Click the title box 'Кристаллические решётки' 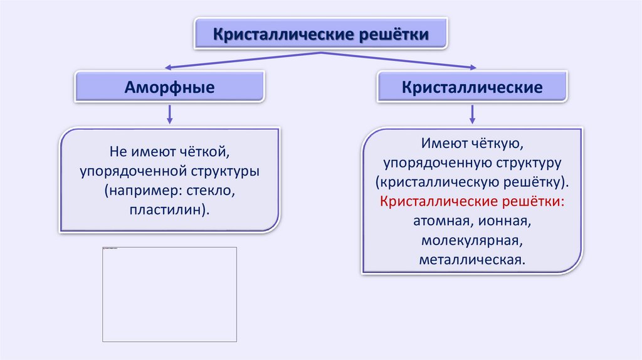tap(321, 33)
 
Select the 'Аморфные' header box tap(169, 87)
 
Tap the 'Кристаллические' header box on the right tap(472, 87)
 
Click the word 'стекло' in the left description tap(216, 190)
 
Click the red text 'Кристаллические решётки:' tap(472, 201)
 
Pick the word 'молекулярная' tap(472, 240)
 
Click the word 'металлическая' tap(472, 259)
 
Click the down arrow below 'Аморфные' tap(169, 114)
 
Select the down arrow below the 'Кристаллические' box tap(472, 114)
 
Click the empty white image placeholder tap(169, 294)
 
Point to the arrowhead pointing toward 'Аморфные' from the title tap(167, 67)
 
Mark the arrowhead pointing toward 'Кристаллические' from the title tap(472, 67)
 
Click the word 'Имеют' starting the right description tap(442, 144)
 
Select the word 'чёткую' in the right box tap(494, 144)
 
